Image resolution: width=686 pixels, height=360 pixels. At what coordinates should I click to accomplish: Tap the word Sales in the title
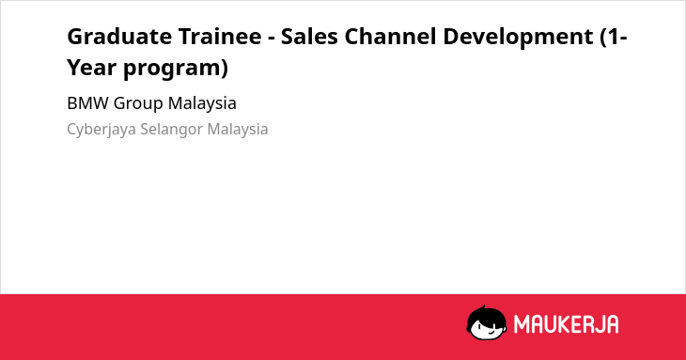(x=309, y=37)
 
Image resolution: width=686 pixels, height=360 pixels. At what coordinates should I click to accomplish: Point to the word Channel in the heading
(x=390, y=37)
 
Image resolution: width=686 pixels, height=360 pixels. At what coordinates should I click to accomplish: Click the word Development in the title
(x=518, y=38)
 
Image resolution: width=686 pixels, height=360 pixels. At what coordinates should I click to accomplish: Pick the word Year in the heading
(x=91, y=68)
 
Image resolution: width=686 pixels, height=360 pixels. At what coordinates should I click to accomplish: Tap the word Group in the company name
(x=138, y=104)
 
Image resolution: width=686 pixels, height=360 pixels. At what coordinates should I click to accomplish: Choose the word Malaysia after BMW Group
(x=202, y=104)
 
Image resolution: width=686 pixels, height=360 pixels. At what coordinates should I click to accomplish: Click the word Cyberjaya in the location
(x=101, y=130)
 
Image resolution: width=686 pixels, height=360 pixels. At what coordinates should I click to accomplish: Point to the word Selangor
(x=171, y=130)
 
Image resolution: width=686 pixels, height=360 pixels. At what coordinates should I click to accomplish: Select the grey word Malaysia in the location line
(x=238, y=130)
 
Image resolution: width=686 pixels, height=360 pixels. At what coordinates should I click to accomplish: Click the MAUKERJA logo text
(x=566, y=324)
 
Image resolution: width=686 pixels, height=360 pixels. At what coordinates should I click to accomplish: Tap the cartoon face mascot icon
(x=487, y=323)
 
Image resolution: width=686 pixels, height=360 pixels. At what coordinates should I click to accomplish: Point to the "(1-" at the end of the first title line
(x=614, y=38)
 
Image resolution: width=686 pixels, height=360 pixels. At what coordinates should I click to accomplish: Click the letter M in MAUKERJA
(x=522, y=324)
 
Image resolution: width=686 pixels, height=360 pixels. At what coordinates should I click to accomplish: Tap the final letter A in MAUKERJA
(x=612, y=324)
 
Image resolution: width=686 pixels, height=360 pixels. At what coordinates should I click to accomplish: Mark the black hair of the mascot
(x=485, y=314)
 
